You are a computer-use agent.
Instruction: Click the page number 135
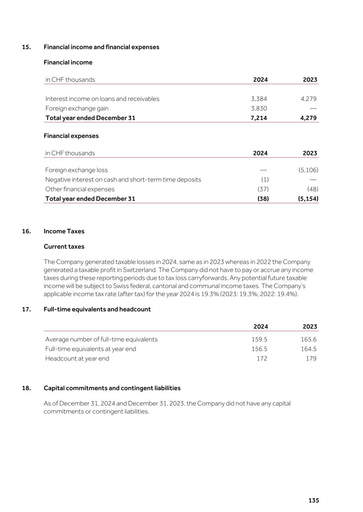coord(313,500)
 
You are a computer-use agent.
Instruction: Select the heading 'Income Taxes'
coord(64,231)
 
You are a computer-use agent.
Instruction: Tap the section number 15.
coord(26,47)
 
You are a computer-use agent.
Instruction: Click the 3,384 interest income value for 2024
coord(259,99)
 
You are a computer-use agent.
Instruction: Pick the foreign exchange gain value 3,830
coord(259,108)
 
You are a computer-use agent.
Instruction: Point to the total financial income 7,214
coord(259,118)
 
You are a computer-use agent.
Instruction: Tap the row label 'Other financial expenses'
coord(80,189)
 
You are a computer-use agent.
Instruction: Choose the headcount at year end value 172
coord(262,358)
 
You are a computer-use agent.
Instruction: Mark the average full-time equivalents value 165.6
coord(309,339)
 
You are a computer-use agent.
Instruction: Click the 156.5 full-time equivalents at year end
coord(259,349)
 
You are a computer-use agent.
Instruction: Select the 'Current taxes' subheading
coord(64,246)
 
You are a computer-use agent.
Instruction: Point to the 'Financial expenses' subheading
coord(71,136)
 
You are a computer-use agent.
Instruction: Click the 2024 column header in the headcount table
coord(261,327)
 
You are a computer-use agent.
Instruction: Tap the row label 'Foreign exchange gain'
coord(77,108)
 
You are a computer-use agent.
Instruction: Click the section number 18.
coord(26,388)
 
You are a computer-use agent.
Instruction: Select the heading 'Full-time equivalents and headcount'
coord(97,309)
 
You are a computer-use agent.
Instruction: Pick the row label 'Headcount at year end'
coord(77,358)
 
